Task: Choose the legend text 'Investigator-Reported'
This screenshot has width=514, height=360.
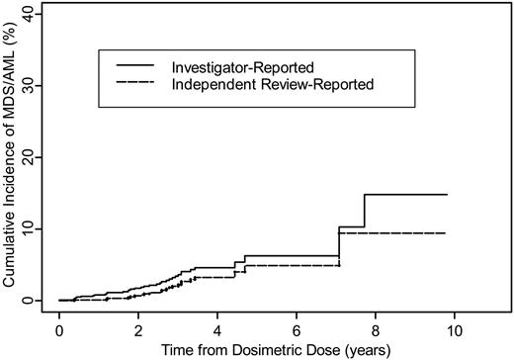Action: [x=243, y=67]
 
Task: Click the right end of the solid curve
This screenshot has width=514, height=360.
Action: [x=447, y=195]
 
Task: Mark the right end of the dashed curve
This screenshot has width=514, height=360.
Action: [x=447, y=233]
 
